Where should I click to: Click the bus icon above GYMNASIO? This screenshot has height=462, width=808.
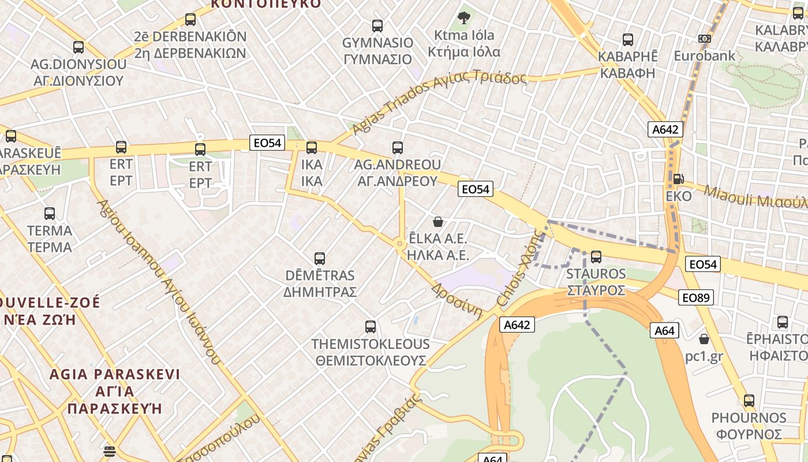[377, 25]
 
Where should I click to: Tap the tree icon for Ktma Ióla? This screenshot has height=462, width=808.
[463, 18]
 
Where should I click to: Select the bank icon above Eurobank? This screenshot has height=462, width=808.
[704, 39]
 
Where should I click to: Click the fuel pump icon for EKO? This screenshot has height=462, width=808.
[679, 179]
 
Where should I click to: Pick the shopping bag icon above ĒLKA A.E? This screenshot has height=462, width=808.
[438, 222]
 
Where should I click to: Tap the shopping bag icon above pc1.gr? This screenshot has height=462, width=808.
[704, 339]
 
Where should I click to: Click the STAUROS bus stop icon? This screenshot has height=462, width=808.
[596, 256]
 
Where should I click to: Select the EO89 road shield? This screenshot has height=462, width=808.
[697, 297]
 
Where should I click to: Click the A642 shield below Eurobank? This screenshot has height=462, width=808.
[665, 129]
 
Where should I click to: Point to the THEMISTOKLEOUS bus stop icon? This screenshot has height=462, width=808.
[371, 327]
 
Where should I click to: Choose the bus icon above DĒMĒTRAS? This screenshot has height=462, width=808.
[319, 258]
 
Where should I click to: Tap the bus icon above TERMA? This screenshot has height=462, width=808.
[50, 214]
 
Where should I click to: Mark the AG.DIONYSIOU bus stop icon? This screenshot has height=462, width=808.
[78, 47]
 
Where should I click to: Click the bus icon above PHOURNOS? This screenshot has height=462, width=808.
[749, 400]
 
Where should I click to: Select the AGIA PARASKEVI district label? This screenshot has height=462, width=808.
[114, 391]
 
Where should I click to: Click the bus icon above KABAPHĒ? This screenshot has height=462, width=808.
[628, 40]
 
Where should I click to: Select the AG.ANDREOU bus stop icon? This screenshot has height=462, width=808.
[397, 148]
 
